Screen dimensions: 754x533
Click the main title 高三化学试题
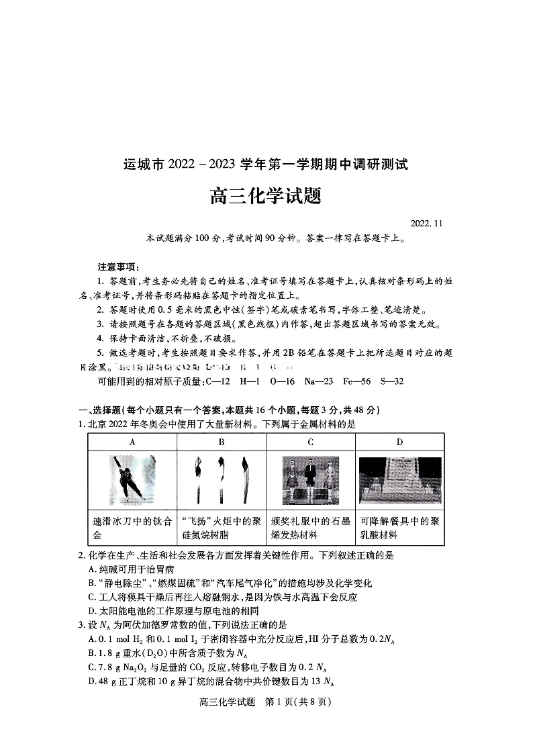pyautogui.click(x=266, y=196)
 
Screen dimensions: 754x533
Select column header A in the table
pyautogui.click(x=132, y=442)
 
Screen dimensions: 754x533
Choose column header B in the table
pyautogui.click(x=221, y=442)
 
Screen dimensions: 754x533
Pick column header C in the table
pyautogui.click(x=310, y=442)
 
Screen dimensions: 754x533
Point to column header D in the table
pyautogui.click(x=399, y=442)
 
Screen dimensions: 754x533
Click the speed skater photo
pyautogui.click(x=132, y=479)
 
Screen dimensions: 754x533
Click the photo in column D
pyautogui.click(x=399, y=479)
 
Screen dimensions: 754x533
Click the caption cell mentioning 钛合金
pyautogui.click(x=132, y=528)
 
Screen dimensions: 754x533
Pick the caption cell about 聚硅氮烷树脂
pyautogui.click(x=221, y=528)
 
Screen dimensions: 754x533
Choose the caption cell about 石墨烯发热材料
pyautogui.click(x=310, y=528)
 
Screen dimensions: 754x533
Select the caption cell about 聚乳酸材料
pyautogui.click(x=399, y=528)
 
